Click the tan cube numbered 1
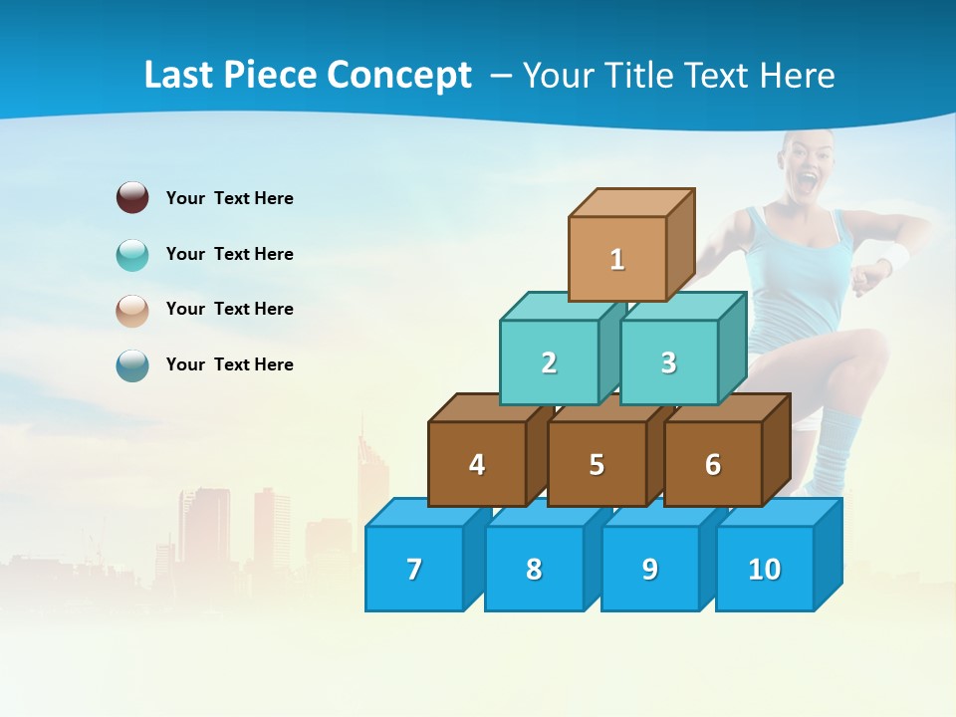[617, 259]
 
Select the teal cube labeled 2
[549, 362]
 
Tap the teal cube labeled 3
[668, 362]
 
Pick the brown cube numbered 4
[477, 464]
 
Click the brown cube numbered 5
[597, 464]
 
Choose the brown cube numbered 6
[713, 464]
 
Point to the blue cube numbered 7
[414, 569]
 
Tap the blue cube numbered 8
[534, 569]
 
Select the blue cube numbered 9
[649, 569]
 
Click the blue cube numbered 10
[765, 569]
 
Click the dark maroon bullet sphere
[132, 197]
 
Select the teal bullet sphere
[132, 255]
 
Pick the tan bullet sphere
[132, 311]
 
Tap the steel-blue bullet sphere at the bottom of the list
[132, 365]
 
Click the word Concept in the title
[399, 76]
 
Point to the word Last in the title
[180, 76]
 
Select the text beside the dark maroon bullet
[230, 198]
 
